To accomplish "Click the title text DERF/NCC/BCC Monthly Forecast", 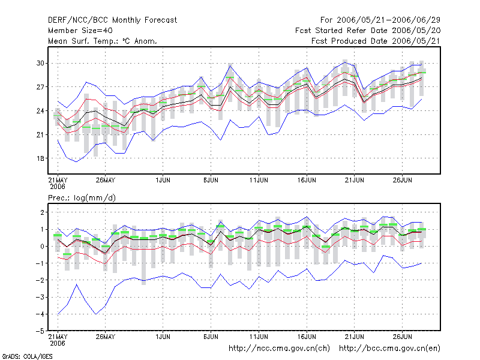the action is pos(112,20).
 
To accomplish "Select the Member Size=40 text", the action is pos(80,31).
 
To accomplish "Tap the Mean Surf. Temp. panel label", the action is pos(103,41).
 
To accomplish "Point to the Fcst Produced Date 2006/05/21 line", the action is pos(376,41).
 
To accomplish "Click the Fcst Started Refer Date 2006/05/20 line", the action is pos(368,31).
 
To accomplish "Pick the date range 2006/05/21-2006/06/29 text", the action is pos(388,20).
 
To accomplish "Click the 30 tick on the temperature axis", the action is pos(40,63).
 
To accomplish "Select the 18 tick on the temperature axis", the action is pos(40,158).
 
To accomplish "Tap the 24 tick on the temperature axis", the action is pos(40,111).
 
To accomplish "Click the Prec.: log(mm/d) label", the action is pos(82,198).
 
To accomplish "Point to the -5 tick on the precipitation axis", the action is pos(40,331).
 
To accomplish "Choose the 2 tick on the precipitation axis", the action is pos(42,212).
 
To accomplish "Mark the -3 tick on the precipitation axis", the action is pos(40,297).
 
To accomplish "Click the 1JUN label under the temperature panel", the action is pos(163,180).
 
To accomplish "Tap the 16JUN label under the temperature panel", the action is pos(307,180).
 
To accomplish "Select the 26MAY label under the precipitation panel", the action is pos(106,337).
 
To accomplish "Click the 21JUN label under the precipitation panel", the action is pos(355,337).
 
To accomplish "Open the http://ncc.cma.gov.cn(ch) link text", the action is pos(279,349).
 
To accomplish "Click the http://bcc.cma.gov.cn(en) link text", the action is pos(389,349).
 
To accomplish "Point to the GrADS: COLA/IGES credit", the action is pos(27,356).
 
